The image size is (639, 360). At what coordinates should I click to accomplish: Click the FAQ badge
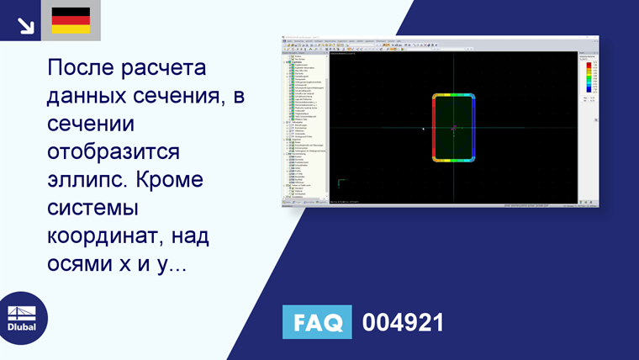click(318, 323)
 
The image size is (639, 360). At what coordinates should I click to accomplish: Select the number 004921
click(402, 323)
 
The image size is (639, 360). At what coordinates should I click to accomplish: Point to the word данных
click(91, 96)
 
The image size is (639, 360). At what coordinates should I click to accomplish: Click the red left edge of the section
click(435, 128)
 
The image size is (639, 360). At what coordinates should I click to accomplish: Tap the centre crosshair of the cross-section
click(454, 128)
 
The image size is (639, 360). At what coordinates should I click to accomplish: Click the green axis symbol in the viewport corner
click(340, 183)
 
